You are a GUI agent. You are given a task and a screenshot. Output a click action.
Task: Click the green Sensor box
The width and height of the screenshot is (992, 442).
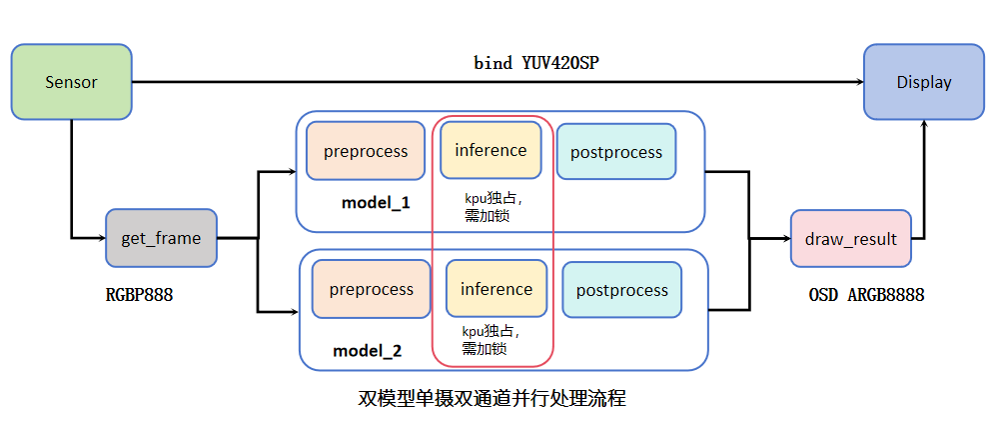pos(71,82)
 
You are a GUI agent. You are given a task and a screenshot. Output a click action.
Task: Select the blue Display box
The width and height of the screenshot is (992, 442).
pos(923,82)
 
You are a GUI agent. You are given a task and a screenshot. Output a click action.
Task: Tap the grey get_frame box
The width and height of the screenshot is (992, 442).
pos(161,238)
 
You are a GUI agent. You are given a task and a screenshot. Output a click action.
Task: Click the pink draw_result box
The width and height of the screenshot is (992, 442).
pos(850,239)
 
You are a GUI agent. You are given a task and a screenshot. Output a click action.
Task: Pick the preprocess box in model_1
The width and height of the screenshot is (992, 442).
pos(366,151)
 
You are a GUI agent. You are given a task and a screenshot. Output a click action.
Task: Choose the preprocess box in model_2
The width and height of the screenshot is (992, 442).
pos(371,290)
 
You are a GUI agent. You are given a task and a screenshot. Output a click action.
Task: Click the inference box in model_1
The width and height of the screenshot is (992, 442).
pos(491,150)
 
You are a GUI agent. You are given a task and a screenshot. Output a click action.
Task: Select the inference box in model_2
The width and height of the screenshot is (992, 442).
pos(496,289)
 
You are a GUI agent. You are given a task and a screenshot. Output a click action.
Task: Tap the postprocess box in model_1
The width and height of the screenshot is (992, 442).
pos(615,152)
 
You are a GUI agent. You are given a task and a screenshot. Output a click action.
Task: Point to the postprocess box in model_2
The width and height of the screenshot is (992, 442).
pos(621,290)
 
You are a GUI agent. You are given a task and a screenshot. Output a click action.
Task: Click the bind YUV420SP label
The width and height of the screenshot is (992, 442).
pos(536,62)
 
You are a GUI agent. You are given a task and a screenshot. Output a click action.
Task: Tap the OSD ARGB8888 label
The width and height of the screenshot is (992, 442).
pos(866,295)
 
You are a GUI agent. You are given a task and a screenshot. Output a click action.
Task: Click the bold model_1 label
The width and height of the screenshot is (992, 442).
pos(376,203)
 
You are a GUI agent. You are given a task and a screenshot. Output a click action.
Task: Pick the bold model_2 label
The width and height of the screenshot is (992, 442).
pos(367,351)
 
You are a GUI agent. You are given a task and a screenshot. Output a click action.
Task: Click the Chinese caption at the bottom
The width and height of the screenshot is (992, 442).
pos(492,398)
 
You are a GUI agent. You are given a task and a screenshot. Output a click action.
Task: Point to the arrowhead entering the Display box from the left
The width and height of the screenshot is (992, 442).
pos(856,83)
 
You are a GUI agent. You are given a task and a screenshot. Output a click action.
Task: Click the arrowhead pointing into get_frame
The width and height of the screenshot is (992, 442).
pos(99,238)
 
